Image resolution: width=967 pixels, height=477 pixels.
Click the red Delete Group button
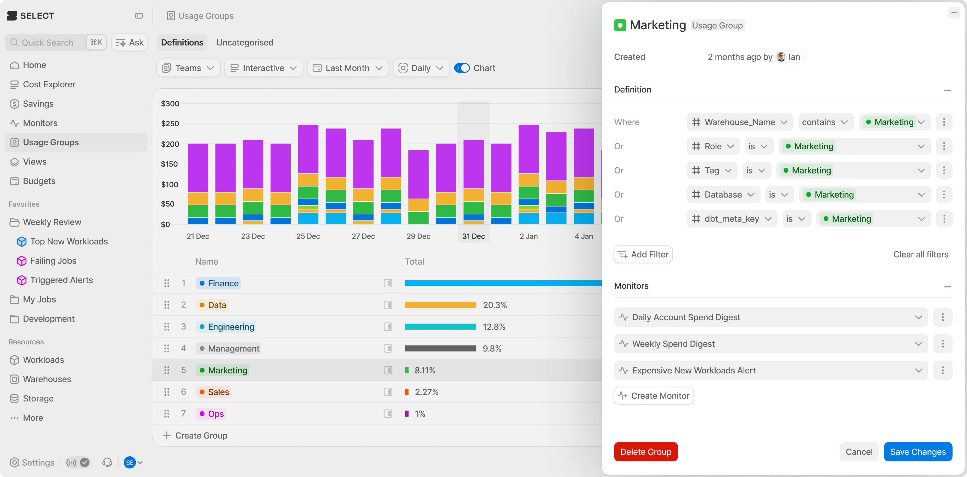point(646,451)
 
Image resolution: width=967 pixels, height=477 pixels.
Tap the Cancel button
point(859,451)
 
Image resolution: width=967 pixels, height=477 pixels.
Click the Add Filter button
point(643,254)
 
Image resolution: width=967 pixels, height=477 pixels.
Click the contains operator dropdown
point(825,122)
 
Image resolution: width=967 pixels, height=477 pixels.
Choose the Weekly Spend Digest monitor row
point(771,344)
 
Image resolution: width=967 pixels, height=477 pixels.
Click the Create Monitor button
point(654,396)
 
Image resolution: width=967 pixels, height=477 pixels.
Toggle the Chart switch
point(462,68)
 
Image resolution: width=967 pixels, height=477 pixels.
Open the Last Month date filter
point(348,68)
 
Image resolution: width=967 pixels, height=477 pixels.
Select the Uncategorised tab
point(245,42)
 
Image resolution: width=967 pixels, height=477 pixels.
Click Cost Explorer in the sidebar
point(49,84)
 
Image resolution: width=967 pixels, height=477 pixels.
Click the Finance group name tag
point(218,283)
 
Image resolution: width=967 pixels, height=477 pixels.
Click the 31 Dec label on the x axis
point(473,236)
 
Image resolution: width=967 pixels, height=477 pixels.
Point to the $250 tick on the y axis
point(170,123)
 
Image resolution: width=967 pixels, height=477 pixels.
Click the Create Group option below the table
point(195,435)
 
